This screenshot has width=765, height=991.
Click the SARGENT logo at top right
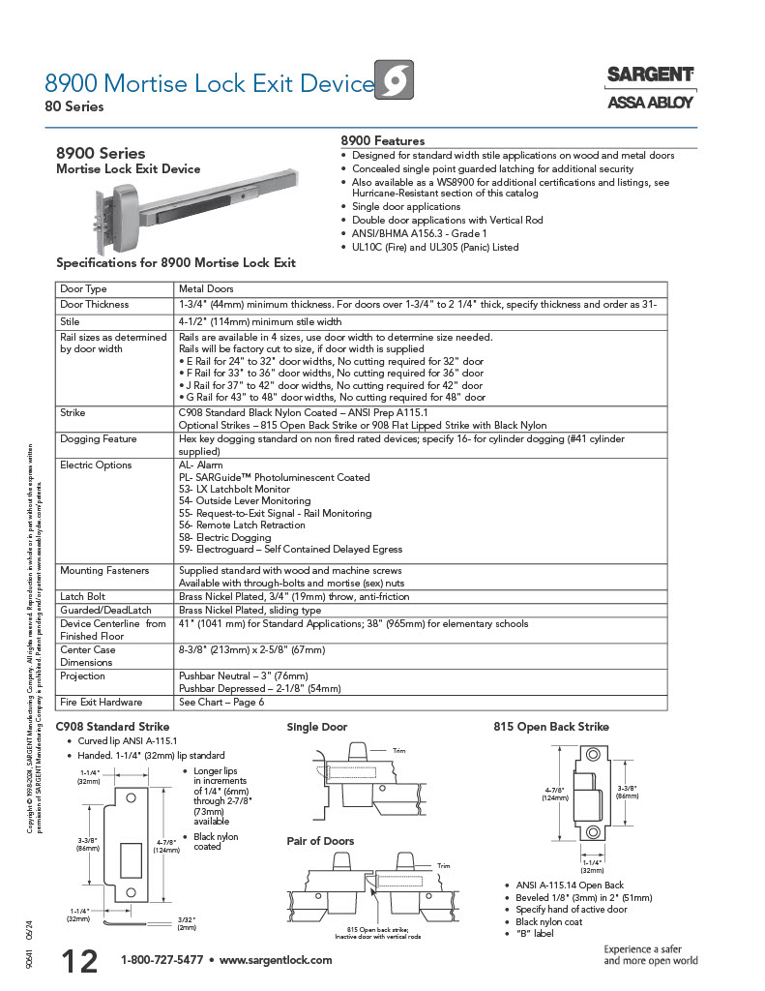click(x=650, y=75)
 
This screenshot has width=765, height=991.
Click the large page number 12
click(x=79, y=961)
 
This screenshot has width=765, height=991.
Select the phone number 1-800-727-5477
click(x=162, y=960)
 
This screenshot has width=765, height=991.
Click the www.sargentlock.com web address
click(x=276, y=960)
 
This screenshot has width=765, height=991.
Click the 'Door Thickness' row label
click(x=94, y=304)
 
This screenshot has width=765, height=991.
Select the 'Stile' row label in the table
click(x=70, y=321)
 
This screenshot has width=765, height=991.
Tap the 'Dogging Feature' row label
click(x=101, y=438)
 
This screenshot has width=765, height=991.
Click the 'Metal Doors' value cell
click(x=206, y=288)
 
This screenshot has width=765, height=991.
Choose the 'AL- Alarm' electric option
click(x=201, y=465)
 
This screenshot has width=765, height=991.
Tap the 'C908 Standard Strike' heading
click(x=112, y=727)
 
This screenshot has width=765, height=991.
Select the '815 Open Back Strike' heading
click(x=551, y=727)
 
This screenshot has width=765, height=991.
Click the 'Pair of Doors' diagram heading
click(x=320, y=841)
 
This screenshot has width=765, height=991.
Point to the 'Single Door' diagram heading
click(x=316, y=727)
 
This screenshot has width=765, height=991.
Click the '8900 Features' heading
click(x=383, y=141)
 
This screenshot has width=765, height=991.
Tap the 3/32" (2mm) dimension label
click(x=187, y=922)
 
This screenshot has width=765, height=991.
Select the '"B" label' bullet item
click(x=535, y=934)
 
